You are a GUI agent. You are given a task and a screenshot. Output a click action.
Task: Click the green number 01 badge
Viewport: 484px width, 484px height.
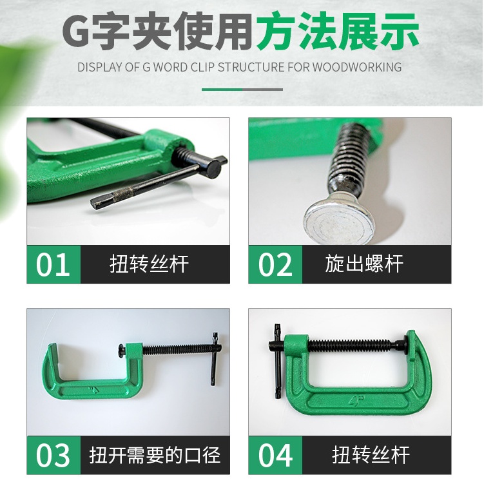(x=53, y=264)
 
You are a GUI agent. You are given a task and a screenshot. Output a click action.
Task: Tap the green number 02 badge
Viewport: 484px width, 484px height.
(x=275, y=264)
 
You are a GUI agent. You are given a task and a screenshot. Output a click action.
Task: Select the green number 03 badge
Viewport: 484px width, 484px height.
(x=53, y=455)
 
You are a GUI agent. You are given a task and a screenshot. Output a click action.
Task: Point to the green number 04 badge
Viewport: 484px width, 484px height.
(x=275, y=455)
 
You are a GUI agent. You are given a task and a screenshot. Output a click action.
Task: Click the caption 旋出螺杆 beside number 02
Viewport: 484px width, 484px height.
(x=364, y=264)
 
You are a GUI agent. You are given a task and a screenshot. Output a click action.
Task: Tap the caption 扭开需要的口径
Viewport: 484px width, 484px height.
(x=155, y=455)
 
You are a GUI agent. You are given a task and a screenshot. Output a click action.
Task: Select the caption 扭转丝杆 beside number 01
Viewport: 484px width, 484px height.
(x=149, y=264)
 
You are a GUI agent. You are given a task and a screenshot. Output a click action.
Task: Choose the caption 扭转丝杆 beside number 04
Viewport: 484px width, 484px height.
(x=371, y=455)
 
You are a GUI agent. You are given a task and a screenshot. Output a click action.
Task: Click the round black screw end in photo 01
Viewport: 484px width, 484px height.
(x=213, y=169)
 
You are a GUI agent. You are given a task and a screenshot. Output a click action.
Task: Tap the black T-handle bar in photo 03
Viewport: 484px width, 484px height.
(x=214, y=359)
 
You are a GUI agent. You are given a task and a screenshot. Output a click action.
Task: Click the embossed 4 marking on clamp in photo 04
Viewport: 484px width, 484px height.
(x=356, y=400)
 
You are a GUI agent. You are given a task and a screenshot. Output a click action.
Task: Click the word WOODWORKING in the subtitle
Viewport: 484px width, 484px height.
(x=357, y=67)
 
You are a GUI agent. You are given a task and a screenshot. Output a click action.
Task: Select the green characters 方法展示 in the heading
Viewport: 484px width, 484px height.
(x=337, y=31)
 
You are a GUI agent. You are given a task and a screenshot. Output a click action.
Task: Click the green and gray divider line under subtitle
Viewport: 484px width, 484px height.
(x=242, y=90)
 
